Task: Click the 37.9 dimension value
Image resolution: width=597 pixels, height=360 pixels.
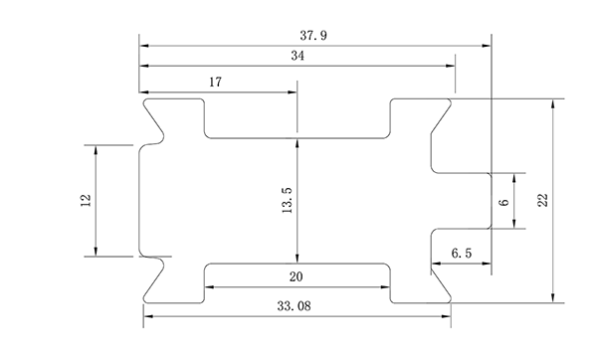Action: (x=313, y=36)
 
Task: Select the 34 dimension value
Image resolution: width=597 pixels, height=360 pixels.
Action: (x=298, y=56)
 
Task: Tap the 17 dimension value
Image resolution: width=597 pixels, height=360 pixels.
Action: (x=215, y=82)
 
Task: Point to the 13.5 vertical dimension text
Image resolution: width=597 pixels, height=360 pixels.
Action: (x=288, y=200)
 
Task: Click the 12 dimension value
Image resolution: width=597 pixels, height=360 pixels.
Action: (x=86, y=200)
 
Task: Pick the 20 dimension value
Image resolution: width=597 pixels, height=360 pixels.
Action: (x=297, y=276)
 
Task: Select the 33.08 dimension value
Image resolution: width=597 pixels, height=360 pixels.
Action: (x=294, y=306)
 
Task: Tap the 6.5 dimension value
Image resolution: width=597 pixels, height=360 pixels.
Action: (x=462, y=253)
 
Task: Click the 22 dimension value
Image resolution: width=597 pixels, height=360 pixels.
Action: (x=543, y=200)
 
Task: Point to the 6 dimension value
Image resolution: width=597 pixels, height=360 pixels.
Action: (x=503, y=202)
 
